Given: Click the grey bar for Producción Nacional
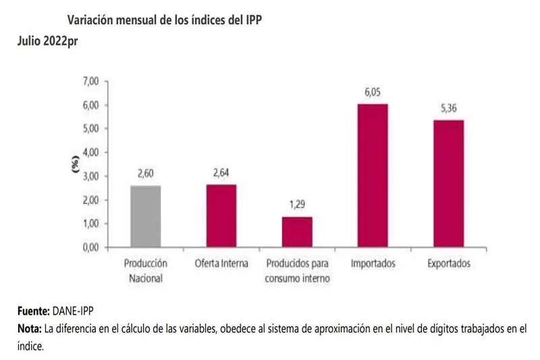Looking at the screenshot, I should tap(146, 216).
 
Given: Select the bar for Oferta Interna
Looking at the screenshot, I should tap(221, 215).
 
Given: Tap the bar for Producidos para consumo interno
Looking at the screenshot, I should tap(297, 232).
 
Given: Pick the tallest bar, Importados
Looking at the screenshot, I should tap(373, 176).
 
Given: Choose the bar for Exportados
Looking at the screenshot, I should tap(448, 184).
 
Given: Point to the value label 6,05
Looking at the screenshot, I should tap(373, 93).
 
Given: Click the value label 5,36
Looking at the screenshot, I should tap(448, 109).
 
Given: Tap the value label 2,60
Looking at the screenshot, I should tap(146, 174).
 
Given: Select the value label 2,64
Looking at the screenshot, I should tap(221, 174).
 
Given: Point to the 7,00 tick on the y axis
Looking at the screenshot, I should tap(90, 81).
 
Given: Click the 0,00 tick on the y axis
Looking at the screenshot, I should tap(90, 247).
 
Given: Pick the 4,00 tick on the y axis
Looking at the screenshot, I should tap(90, 153).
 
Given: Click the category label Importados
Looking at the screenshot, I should tap(373, 263).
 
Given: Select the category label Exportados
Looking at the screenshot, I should tap(448, 263).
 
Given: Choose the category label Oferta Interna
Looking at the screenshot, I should tap(221, 263).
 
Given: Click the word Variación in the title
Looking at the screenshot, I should tap(92, 20).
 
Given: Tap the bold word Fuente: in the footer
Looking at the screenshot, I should tap(33, 312).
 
